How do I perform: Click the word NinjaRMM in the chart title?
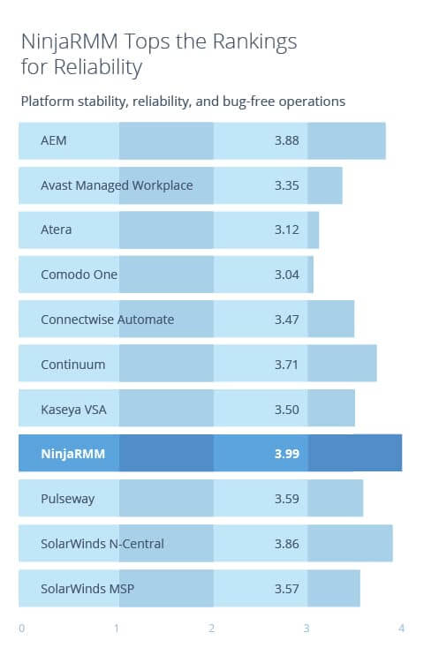(x=63, y=41)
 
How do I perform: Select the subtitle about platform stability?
(x=183, y=102)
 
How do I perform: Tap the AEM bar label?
(x=53, y=140)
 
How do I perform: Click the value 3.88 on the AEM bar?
(x=286, y=140)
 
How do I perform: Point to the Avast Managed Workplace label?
(x=117, y=185)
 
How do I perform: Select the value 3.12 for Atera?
(x=286, y=230)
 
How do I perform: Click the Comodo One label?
(x=79, y=275)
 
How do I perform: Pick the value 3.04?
(x=286, y=275)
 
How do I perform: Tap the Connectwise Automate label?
(x=107, y=319)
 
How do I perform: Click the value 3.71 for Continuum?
(x=286, y=364)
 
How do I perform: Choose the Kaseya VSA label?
(x=74, y=409)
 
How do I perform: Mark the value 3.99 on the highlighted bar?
(x=286, y=454)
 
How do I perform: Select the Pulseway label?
(x=67, y=499)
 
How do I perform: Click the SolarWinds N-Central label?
(x=102, y=544)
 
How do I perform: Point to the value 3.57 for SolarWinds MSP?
(x=286, y=588)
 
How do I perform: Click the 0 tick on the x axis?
(x=21, y=629)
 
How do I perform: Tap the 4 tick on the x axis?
(x=401, y=629)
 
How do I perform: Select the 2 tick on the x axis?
(x=211, y=629)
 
